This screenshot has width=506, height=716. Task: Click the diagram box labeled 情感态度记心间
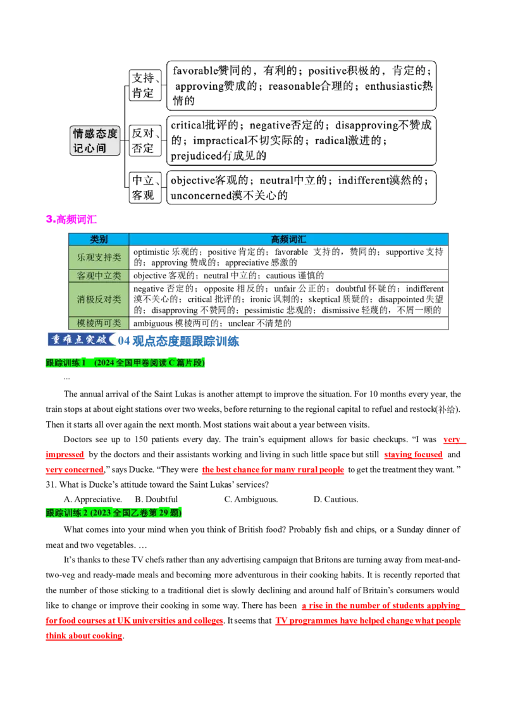point(95,140)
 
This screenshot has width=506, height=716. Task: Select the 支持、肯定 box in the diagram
point(145,85)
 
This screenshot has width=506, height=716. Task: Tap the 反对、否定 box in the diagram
point(145,140)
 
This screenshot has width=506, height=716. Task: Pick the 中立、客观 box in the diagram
point(145,188)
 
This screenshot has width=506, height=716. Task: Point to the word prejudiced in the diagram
point(196,156)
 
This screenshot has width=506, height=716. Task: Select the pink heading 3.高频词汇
point(71,219)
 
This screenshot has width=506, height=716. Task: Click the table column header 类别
point(99,239)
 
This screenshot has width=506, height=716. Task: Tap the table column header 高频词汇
point(288,239)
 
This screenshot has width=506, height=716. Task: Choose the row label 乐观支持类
point(99,257)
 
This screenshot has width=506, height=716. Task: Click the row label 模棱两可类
point(99,323)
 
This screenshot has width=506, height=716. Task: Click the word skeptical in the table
point(323,300)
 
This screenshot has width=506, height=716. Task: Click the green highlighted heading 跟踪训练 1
point(66,362)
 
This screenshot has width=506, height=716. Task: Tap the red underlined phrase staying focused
point(413,454)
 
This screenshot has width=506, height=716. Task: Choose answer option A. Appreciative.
point(93,499)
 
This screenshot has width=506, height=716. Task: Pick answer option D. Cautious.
point(336,499)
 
